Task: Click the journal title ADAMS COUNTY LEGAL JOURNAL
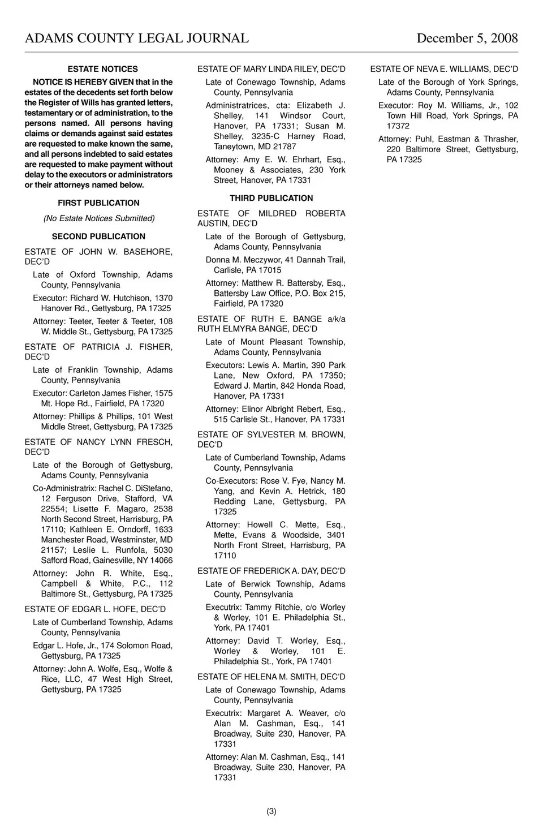(136, 38)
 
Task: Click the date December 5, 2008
(467, 38)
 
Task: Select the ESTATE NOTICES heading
(102, 69)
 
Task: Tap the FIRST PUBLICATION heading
(98, 203)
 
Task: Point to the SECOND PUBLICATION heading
(98, 236)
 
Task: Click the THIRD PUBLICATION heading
(271, 199)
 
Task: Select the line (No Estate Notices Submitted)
(99, 218)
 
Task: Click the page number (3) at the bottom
(271, 811)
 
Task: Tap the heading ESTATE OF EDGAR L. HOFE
(95, 609)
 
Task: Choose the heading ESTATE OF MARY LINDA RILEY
(271, 69)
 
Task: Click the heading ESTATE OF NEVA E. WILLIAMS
(444, 69)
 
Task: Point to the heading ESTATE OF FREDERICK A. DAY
(271, 571)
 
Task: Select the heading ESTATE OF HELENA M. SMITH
(271, 677)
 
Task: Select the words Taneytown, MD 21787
(255, 147)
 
